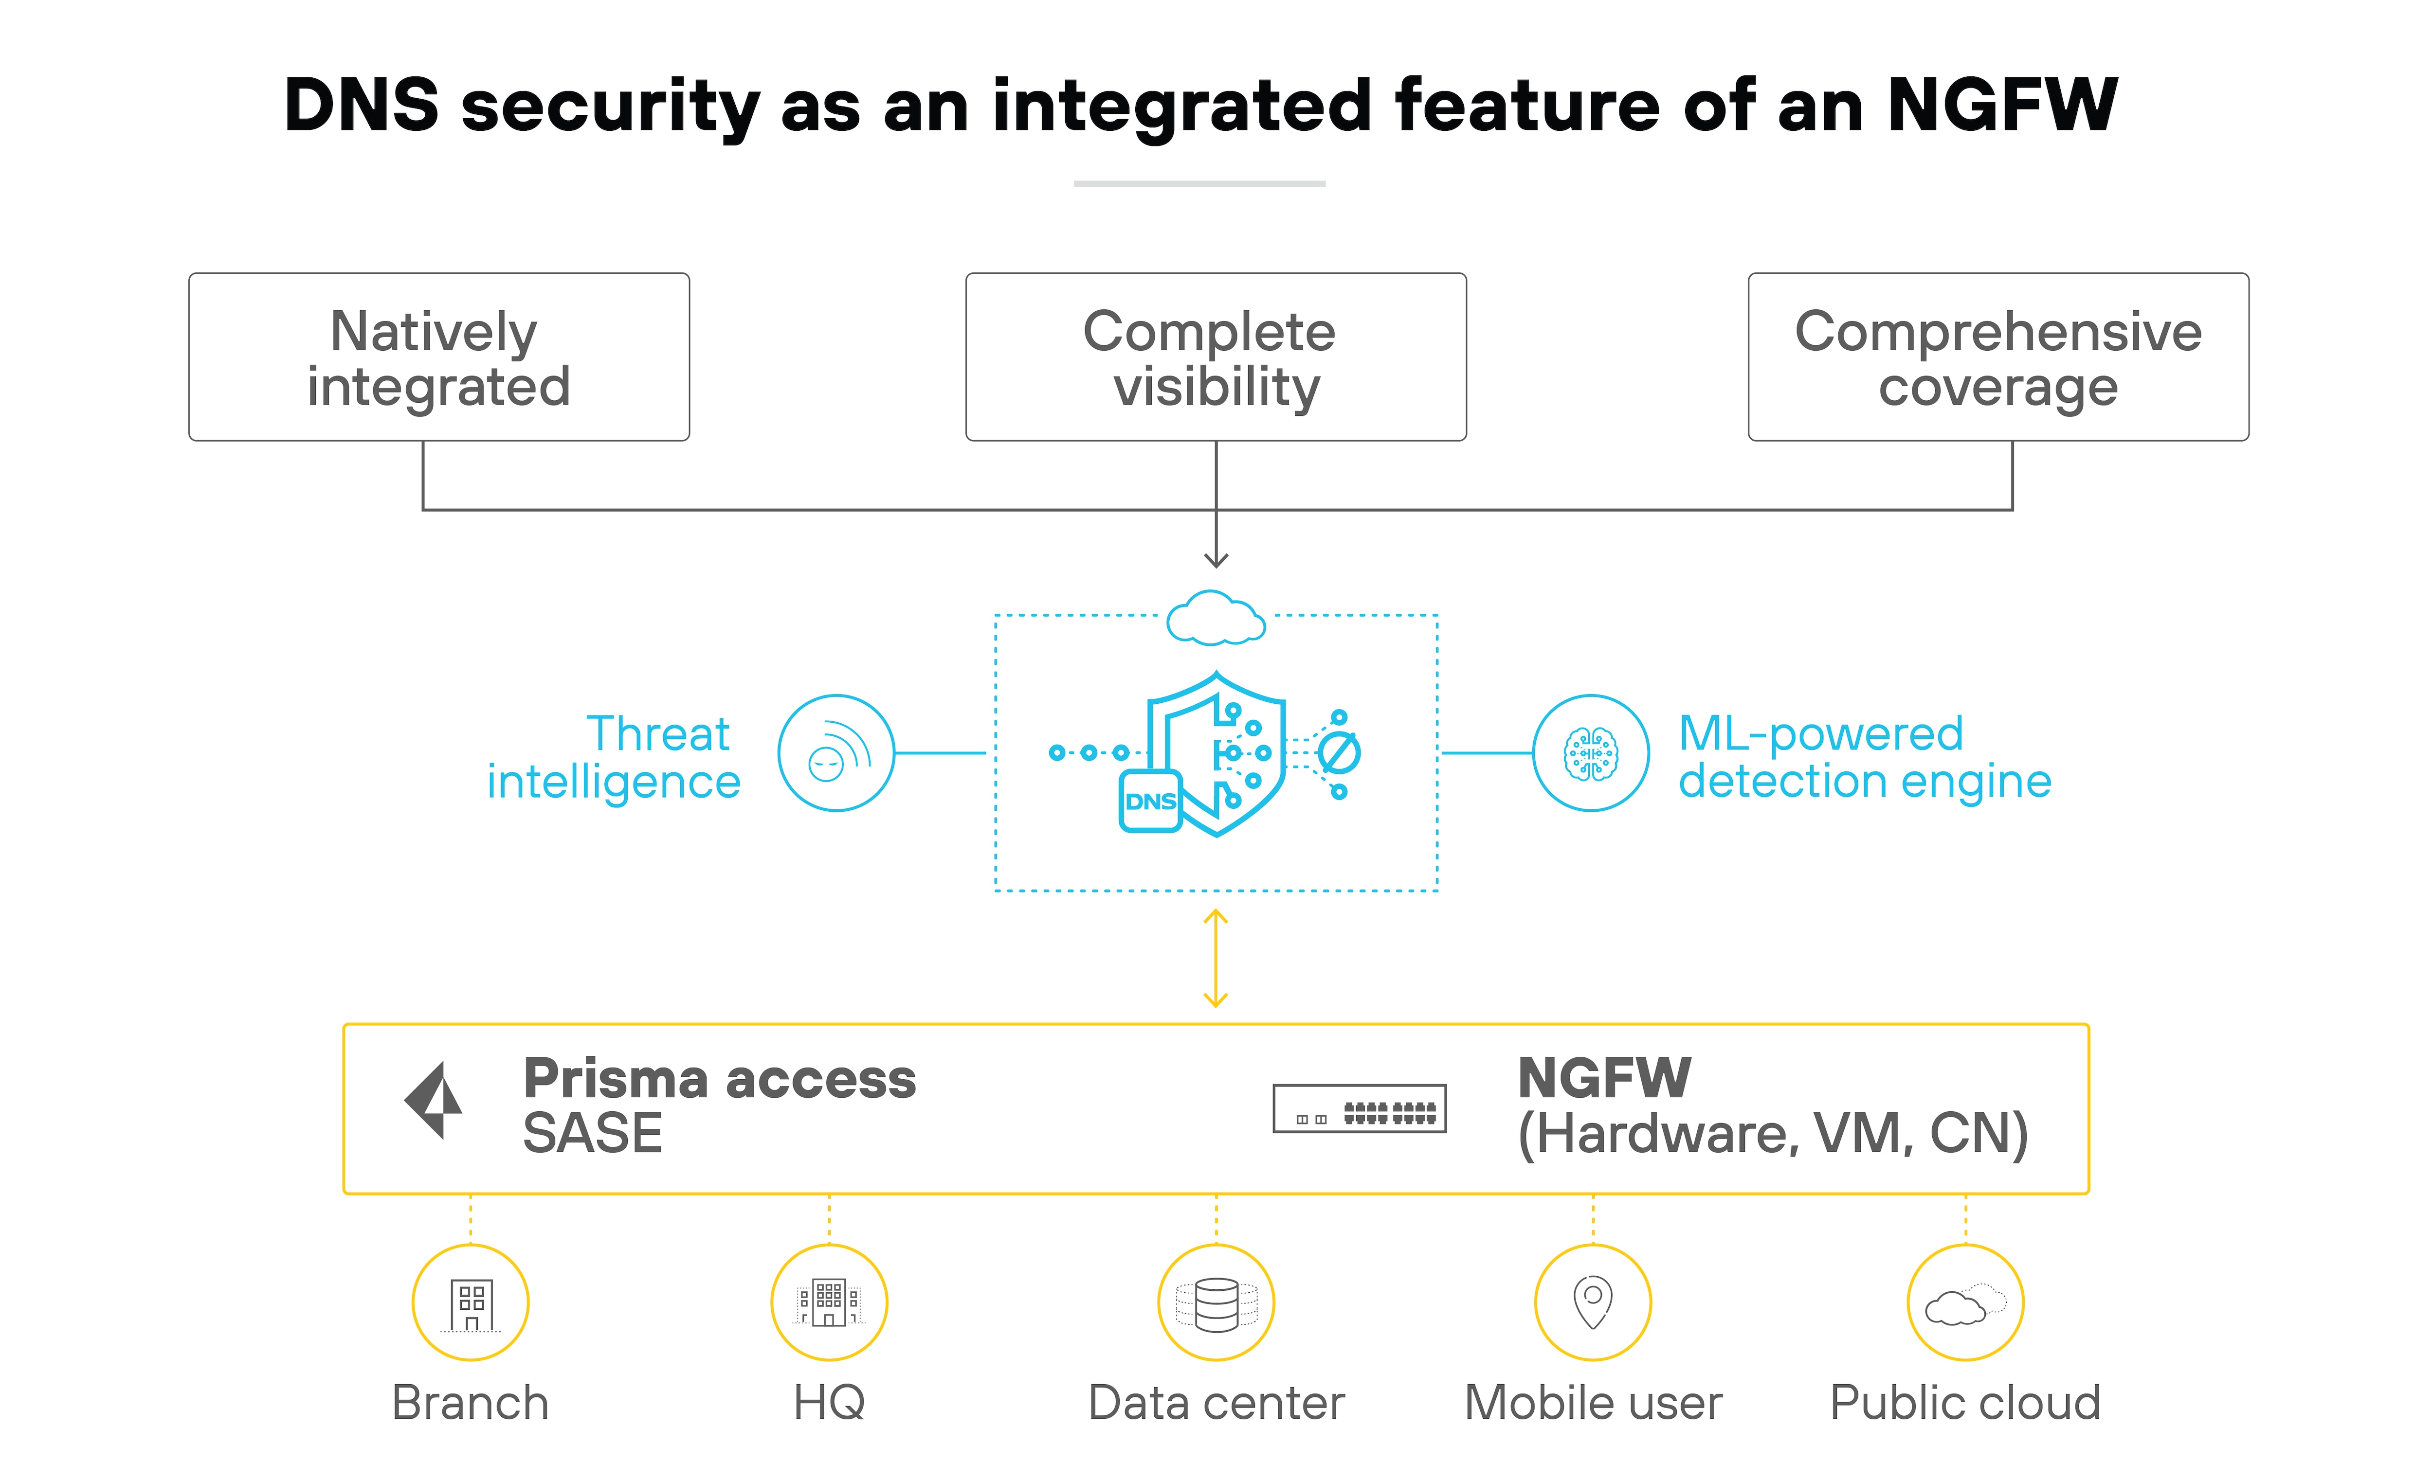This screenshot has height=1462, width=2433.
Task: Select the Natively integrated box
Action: click(438, 357)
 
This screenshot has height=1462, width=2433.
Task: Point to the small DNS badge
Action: click(1150, 801)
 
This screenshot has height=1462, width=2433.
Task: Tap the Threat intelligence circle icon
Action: click(835, 753)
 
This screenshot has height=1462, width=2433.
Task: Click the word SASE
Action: click(592, 1133)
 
